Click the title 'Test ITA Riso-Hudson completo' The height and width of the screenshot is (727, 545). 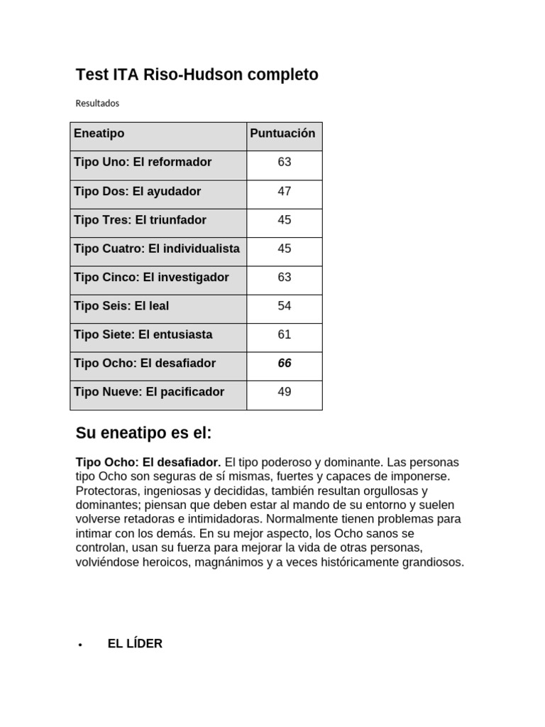click(197, 75)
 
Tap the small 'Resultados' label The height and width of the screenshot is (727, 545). click(97, 103)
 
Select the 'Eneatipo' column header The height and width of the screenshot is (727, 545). click(99, 133)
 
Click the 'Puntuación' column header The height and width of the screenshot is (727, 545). click(282, 133)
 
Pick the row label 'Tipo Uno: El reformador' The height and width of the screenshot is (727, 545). click(143, 162)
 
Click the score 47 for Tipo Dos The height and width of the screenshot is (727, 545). click(284, 191)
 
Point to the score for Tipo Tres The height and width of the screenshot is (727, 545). click(284, 220)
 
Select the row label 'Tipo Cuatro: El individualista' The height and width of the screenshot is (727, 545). click(157, 248)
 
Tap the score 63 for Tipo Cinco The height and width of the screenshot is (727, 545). click(284, 277)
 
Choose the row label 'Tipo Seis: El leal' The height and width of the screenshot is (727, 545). click(121, 306)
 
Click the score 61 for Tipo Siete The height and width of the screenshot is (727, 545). click(284, 334)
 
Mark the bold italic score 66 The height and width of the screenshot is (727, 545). click(284, 363)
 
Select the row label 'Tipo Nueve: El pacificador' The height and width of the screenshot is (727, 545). click(149, 392)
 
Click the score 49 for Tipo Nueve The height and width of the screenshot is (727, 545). click(284, 392)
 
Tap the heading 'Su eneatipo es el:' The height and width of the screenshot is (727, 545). click(143, 433)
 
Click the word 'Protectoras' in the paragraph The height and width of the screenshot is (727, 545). click(105, 491)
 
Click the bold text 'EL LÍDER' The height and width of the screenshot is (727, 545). click(135, 643)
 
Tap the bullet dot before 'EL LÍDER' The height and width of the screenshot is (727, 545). click(81, 645)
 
